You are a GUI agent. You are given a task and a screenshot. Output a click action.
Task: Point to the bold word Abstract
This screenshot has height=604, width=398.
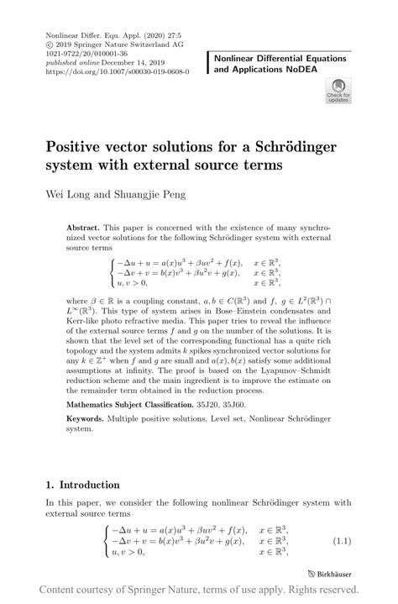[x=83, y=228]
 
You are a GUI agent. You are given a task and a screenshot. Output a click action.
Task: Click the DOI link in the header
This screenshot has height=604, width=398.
[x=117, y=72]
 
